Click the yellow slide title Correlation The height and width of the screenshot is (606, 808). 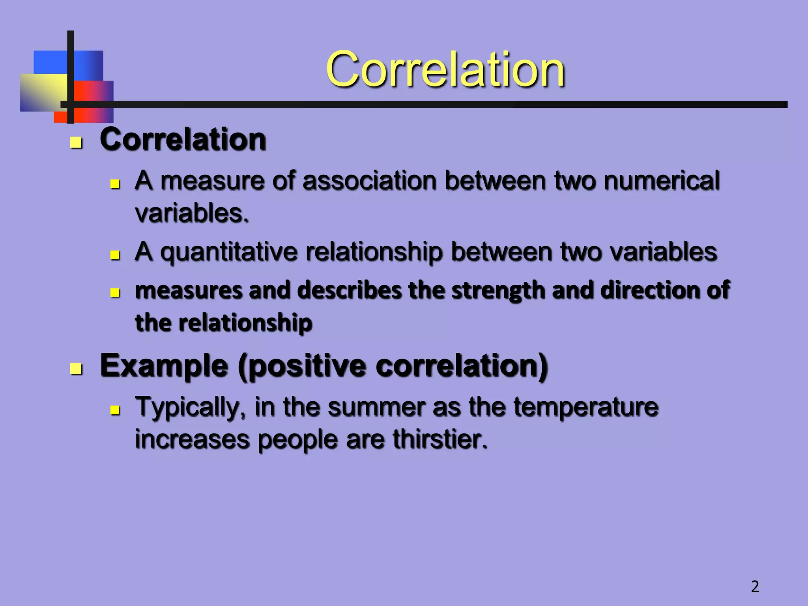(x=445, y=70)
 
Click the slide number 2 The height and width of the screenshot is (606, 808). (x=755, y=587)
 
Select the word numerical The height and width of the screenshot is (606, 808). (x=662, y=181)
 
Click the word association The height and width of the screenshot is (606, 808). (x=369, y=181)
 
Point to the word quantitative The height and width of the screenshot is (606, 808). (x=229, y=252)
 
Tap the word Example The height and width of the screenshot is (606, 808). (x=164, y=366)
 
